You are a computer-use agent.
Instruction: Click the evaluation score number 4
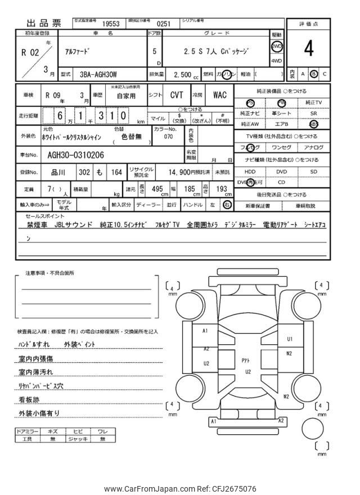point(309,49)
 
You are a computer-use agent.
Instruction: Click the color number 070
point(168,136)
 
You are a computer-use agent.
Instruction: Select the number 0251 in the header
point(163,24)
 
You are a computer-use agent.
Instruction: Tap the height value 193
point(222,190)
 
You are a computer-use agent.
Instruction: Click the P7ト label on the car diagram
point(246,360)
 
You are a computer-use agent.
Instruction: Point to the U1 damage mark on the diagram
point(290,339)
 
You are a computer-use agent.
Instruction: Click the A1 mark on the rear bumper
point(213,421)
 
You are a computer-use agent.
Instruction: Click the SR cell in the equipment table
point(314,113)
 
